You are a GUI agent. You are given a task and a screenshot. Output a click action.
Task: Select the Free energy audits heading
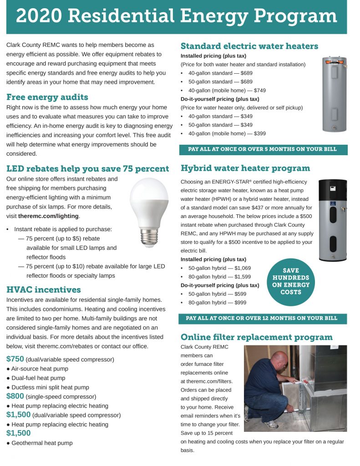47,97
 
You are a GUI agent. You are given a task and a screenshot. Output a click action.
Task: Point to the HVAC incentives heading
44,290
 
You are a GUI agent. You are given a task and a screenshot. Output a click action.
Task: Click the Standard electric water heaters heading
249,46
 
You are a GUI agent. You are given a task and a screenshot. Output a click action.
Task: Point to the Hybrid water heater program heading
245,168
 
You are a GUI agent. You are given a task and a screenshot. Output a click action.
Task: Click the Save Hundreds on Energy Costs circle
291,281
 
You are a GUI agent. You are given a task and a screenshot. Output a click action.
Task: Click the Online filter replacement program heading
257,337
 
